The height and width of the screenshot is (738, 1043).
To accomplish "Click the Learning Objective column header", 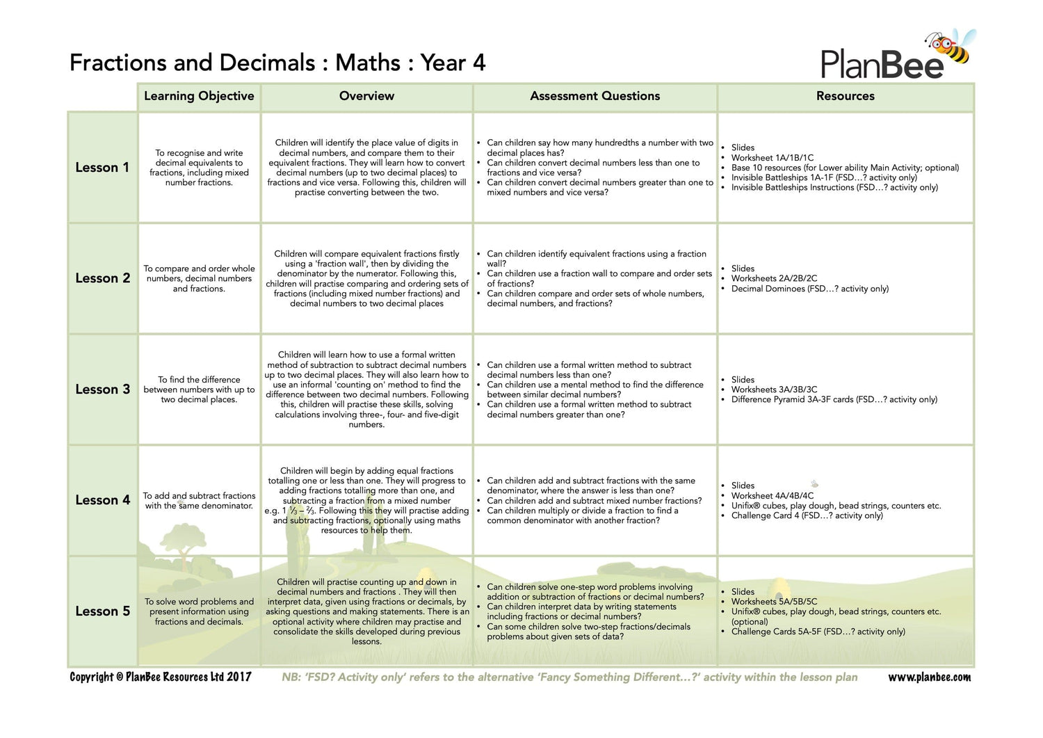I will point(199,96).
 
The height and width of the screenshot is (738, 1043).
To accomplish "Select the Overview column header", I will point(366,96).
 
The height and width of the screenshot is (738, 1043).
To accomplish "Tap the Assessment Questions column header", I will point(595,96).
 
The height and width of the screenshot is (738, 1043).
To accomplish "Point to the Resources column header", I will point(845,96).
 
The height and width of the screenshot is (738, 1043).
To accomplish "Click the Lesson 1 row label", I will point(102,168).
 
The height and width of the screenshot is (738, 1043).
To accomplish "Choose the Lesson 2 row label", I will point(102,278).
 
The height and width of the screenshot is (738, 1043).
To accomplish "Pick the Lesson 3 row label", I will point(102,390).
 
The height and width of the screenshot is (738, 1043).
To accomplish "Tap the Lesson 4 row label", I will point(102,500).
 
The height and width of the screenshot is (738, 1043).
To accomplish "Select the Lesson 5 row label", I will point(102,611).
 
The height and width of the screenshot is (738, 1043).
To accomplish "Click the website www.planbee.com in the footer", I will point(929,677).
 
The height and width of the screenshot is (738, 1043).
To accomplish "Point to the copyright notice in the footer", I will point(161,677).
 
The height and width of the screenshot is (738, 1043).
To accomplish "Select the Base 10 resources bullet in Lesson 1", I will point(845,168).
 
